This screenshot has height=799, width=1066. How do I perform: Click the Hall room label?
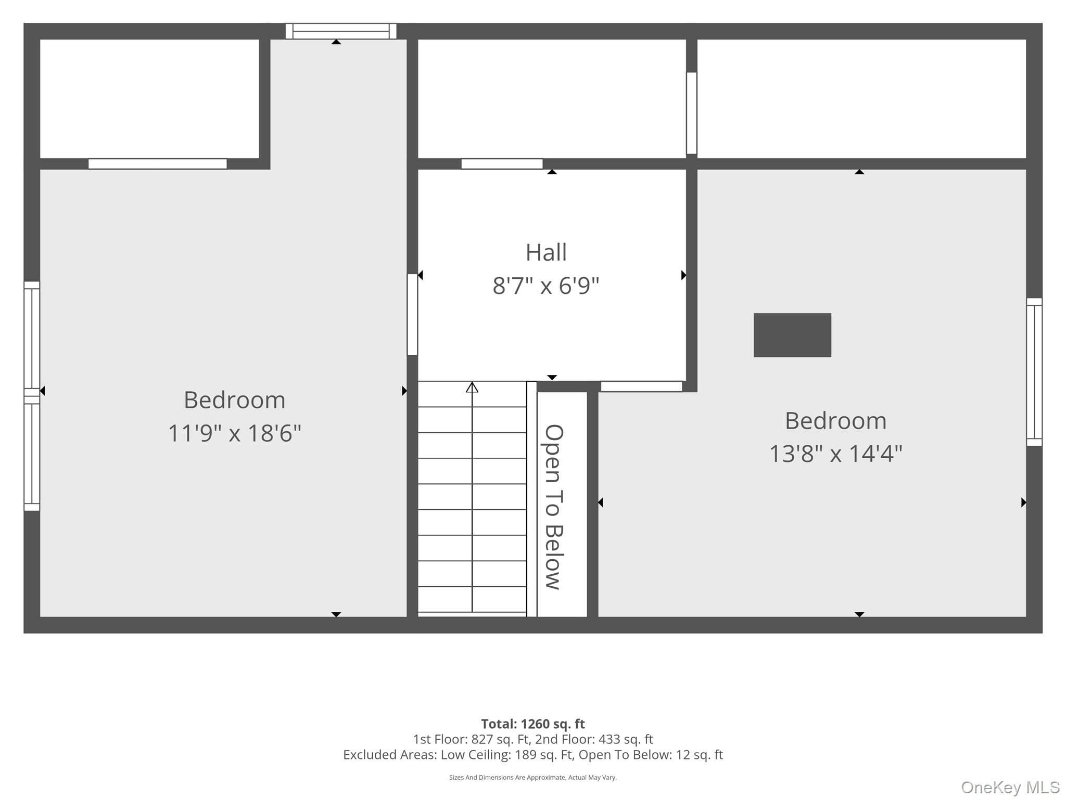546,253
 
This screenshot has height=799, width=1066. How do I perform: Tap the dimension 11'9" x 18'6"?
235,433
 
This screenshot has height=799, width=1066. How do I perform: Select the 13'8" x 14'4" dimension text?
835,454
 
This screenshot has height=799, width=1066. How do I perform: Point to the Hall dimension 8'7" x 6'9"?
546,286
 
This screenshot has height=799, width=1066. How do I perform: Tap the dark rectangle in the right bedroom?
792,335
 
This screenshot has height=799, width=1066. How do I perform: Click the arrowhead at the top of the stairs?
472,388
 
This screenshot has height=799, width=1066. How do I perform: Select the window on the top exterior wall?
341,31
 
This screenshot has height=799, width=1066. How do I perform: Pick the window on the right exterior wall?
1034,372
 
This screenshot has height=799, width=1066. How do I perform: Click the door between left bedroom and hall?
412,314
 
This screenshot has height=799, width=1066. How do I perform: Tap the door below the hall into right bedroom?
641,386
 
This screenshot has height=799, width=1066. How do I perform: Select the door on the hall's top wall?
502,164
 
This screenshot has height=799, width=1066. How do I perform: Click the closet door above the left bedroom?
158,164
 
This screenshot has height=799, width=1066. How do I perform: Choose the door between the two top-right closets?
692,113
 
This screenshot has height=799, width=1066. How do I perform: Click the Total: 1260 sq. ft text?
533,724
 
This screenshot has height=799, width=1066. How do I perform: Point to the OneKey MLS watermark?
1010,788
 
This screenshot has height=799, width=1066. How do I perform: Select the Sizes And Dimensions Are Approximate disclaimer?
533,778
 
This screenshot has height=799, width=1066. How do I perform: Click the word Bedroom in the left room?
235,400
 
